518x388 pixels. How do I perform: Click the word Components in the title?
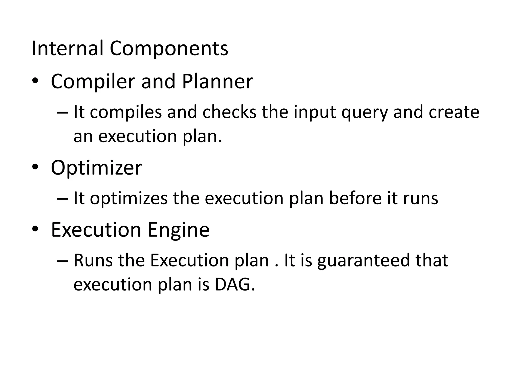click(169, 48)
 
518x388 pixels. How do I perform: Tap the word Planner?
click(217, 81)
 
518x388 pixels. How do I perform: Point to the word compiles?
click(126, 112)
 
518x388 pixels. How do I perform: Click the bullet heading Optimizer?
click(96, 168)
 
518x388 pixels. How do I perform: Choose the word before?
click(355, 198)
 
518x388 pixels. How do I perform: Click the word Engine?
click(178, 230)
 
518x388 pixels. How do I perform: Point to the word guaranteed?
click(363, 261)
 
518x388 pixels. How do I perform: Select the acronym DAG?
click(234, 284)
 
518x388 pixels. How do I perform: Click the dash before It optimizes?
click(62, 199)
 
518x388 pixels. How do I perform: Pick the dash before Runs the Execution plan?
click(62, 260)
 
